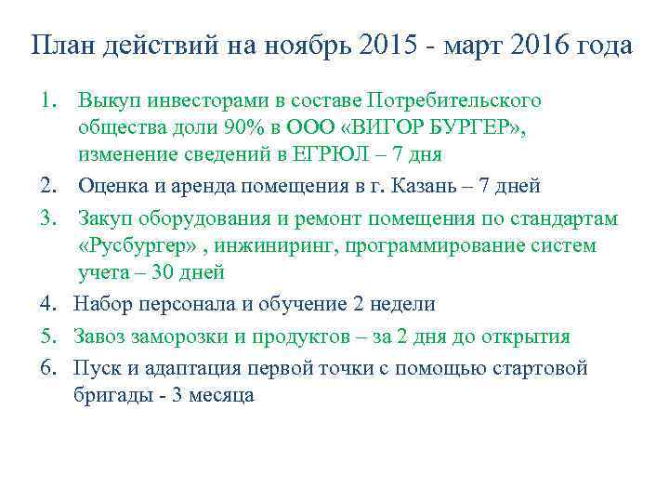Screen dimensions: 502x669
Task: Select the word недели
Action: click(x=397, y=304)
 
